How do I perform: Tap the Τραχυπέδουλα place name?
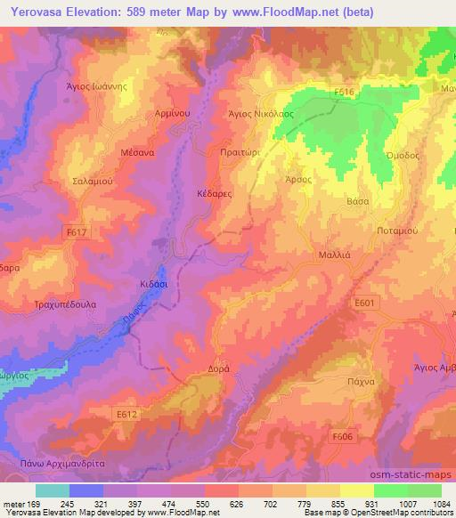click(55, 304)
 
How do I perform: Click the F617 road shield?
click(77, 232)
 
